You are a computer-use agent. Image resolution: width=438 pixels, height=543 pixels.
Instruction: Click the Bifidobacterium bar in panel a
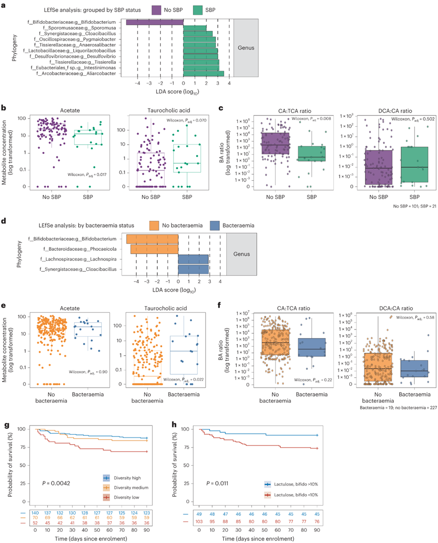pos(154,22)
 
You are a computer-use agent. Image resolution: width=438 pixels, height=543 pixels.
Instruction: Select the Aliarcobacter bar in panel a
pos(203,74)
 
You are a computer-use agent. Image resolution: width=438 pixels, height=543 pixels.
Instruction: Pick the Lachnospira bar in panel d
pos(193,259)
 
